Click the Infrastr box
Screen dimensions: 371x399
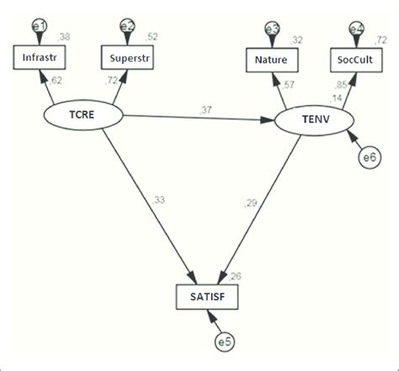click(40, 58)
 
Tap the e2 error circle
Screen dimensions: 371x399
click(128, 26)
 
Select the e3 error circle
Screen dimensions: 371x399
click(272, 28)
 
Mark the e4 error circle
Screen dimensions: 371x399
click(357, 28)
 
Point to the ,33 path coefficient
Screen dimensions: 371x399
click(159, 199)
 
